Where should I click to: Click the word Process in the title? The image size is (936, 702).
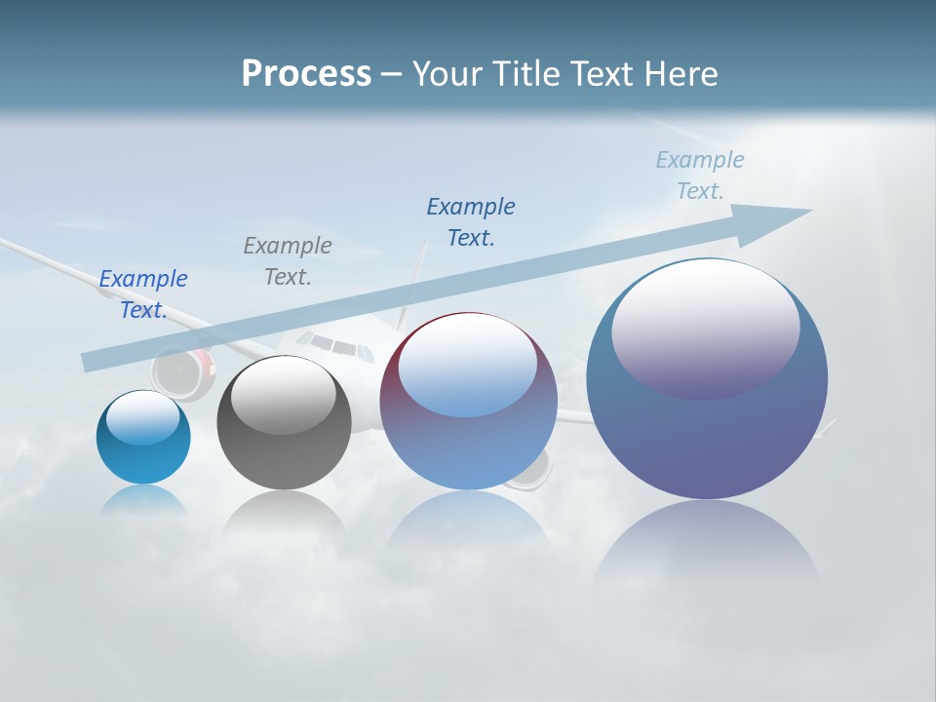pyautogui.click(x=306, y=74)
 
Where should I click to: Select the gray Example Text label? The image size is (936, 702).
pyautogui.click(x=288, y=261)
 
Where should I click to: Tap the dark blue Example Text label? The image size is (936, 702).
pyautogui.click(x=471, y=222)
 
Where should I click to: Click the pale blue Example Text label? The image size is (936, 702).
pyautogui.click(x=700, y=175)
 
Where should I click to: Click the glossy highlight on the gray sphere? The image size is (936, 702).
pyautogui.click(x=284, y=395)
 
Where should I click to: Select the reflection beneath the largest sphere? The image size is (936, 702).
pyautogui.click(x=707, y=546)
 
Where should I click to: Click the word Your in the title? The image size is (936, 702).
pyautogui.click(x=445, y=74)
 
